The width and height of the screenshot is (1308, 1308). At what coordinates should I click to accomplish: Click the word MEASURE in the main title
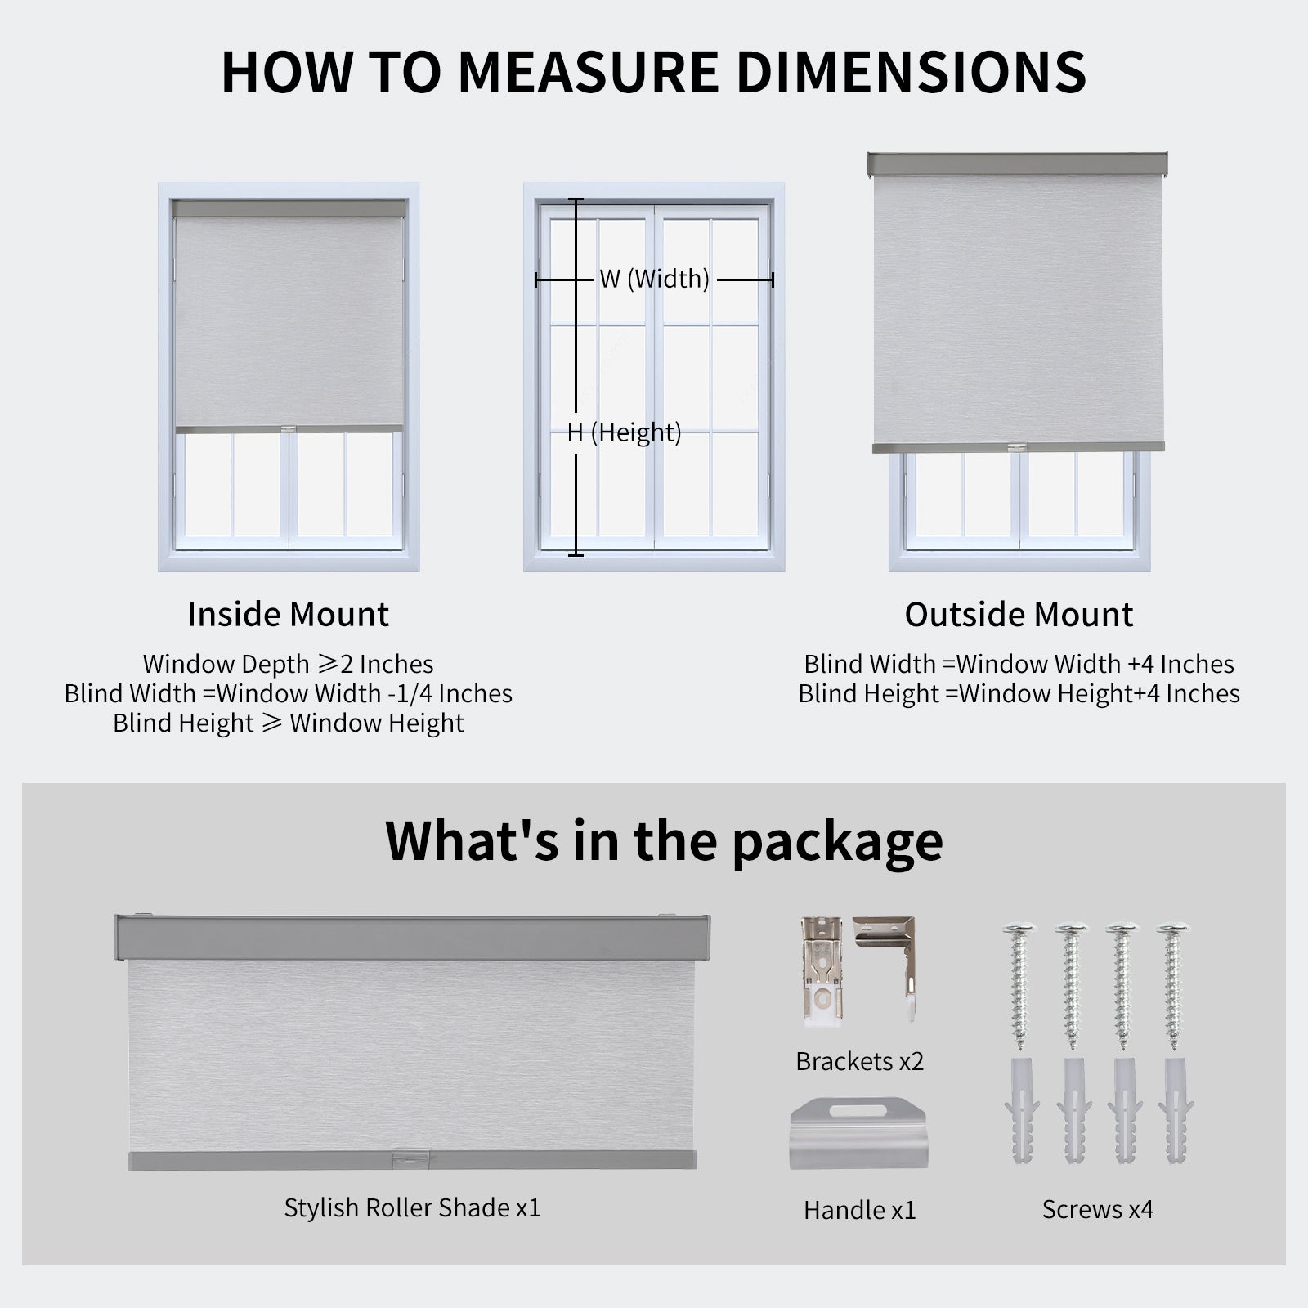click(588, 72)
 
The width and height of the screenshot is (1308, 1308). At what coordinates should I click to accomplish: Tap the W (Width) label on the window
click(654, 280)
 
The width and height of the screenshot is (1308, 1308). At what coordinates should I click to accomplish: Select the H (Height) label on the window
click(625, 432)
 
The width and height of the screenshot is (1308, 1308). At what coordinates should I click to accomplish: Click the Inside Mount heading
click(288, 615)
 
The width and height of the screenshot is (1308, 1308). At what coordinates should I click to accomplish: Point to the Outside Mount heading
click(1019, 615)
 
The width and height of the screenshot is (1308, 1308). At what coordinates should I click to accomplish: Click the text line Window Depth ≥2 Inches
click(288, 664)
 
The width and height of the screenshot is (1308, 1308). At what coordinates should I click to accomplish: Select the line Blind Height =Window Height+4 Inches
click(1019, 694)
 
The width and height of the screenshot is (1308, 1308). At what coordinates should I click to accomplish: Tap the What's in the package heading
click(664, 840)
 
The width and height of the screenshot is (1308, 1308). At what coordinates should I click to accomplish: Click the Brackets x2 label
click(859, 1061)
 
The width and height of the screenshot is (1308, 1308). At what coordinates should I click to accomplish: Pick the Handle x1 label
click(859, 1210)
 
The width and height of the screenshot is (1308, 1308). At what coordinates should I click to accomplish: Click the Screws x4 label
click(1097, 1209)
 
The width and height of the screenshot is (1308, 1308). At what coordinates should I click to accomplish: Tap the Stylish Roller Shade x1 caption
click(412, 1207)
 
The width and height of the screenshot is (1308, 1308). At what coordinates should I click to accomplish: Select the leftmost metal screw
click(1019, 985)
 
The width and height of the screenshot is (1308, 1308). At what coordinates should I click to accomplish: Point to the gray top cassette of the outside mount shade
click(1017, 163)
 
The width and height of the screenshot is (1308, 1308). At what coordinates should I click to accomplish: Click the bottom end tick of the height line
click(576, 555)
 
